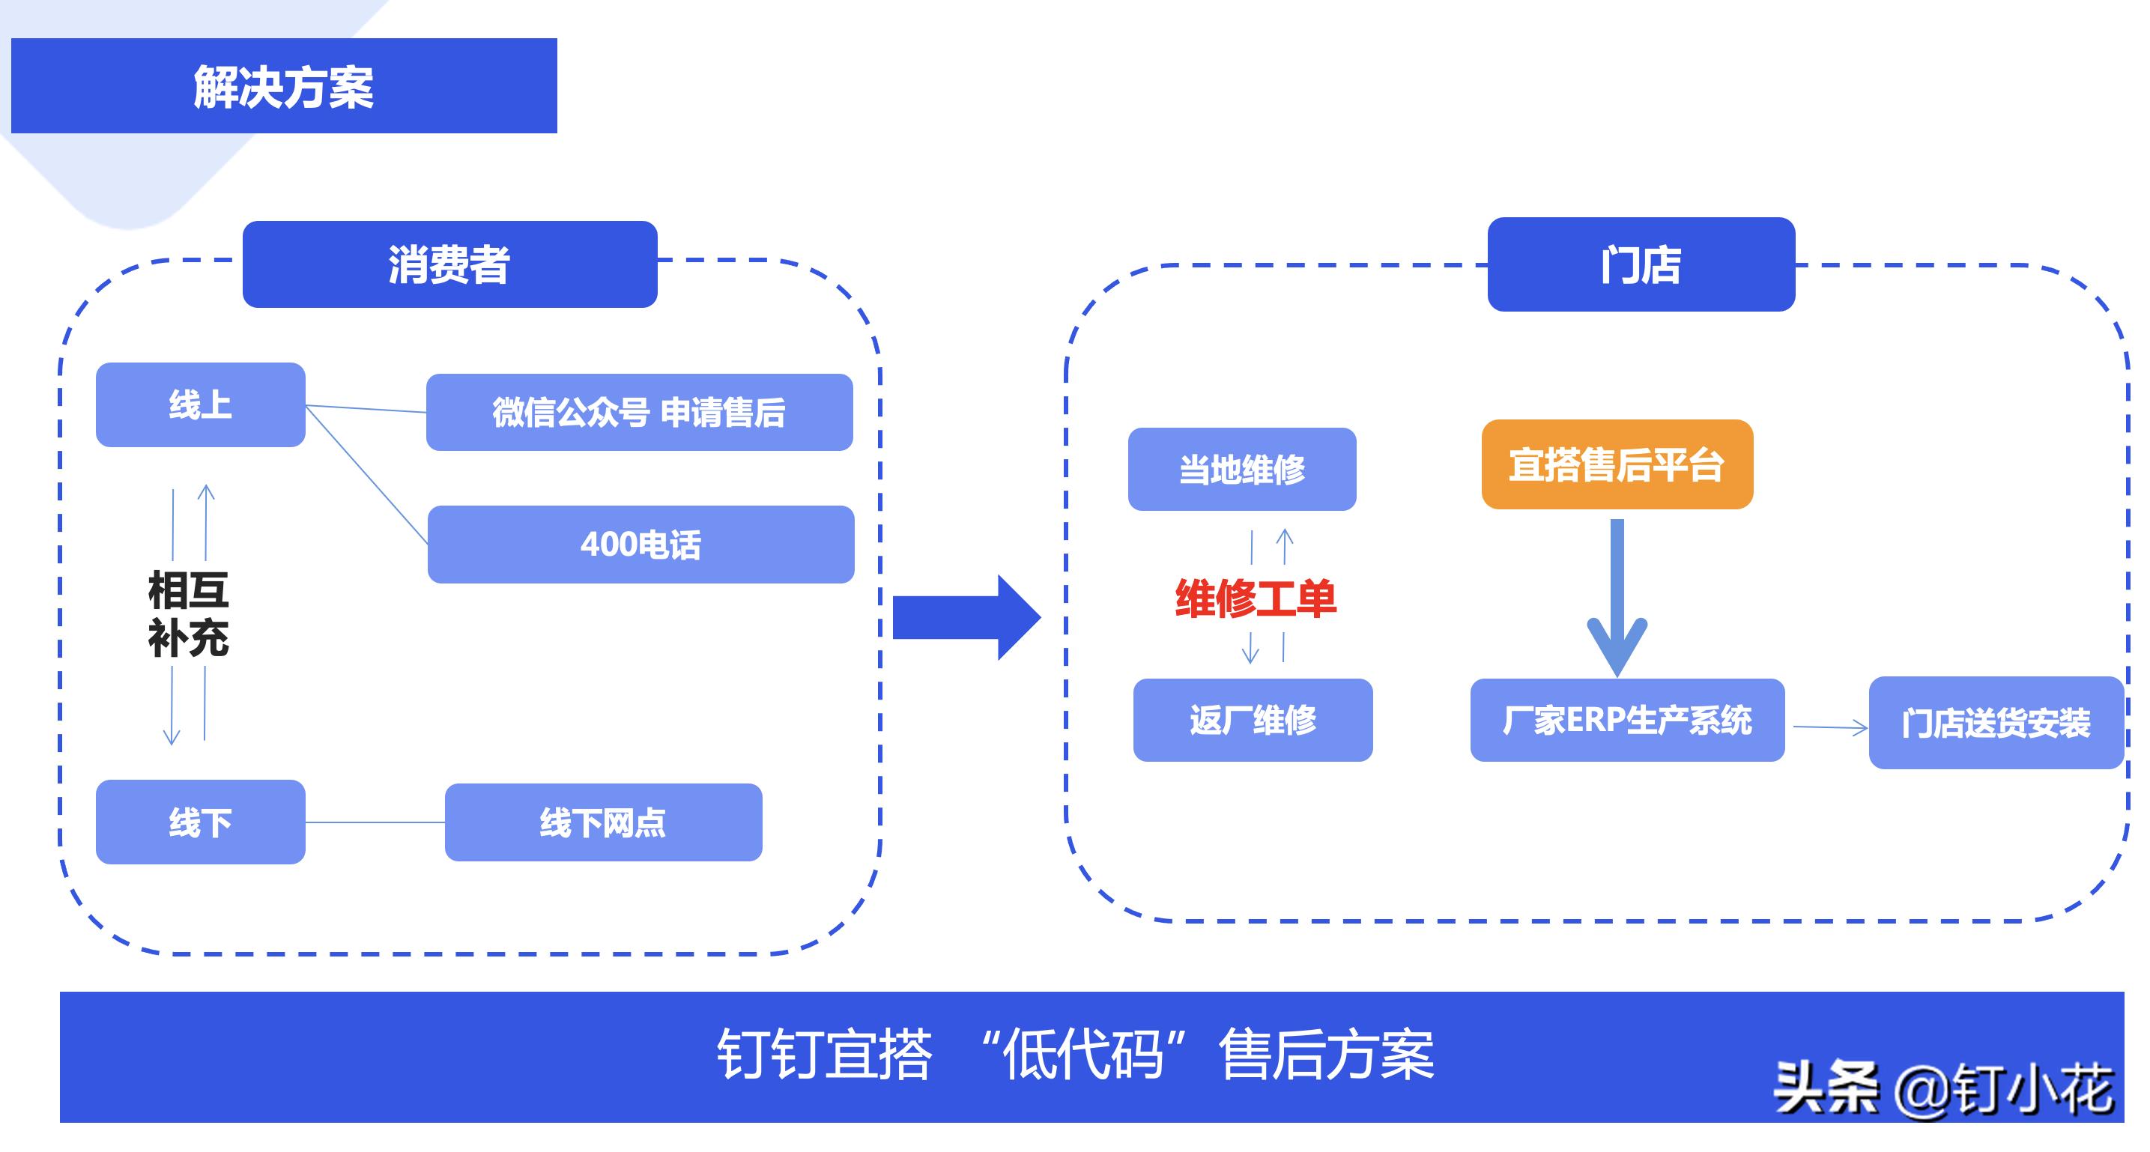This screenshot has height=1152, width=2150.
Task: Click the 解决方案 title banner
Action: click(284, 86)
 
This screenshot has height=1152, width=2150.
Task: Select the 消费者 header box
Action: click(449, 264)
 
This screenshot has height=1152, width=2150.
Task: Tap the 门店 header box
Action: click(1640, 264)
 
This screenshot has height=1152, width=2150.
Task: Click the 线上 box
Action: click(200, 405)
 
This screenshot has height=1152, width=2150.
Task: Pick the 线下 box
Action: click(200, 822)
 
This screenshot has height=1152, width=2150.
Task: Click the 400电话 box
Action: click(641, 545)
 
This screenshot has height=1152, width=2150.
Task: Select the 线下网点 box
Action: click(602, 822)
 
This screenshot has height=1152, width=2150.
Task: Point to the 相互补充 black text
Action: click(189, 614)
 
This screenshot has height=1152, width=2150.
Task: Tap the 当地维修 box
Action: click(1242, 469)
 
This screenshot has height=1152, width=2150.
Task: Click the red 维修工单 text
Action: click(1256, 598)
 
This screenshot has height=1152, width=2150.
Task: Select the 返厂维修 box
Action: click(1252, 720)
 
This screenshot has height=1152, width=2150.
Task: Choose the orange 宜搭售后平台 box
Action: click(1617, 464)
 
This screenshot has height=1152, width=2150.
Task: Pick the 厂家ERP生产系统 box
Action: click(1626, 720)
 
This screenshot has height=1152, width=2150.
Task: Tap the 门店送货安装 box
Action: click(1996, 723)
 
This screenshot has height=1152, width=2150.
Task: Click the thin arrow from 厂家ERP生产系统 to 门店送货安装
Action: click(1828, 728)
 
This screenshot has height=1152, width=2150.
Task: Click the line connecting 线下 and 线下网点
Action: click(375, 822)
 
